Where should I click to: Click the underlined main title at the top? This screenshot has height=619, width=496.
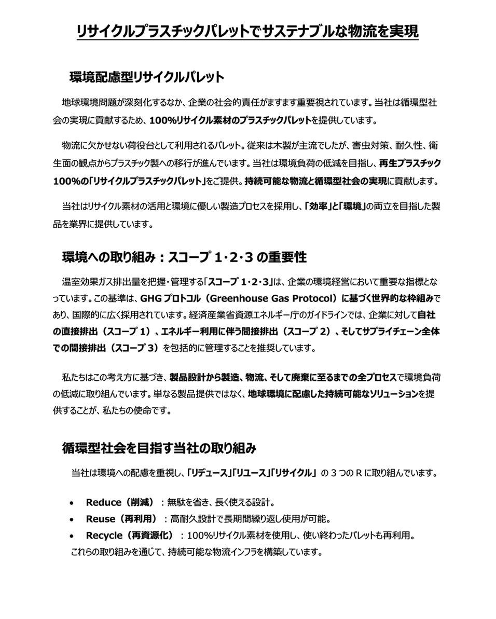click(247, 32)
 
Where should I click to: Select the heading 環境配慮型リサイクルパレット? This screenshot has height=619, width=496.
click(147, 78)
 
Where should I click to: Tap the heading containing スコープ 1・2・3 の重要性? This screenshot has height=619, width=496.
click(184, 257)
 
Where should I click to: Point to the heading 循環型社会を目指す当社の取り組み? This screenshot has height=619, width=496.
click(159, 447)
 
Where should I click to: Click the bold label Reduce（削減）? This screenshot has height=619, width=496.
click(120, 502)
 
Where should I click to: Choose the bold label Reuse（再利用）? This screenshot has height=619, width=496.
click(121, 518)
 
